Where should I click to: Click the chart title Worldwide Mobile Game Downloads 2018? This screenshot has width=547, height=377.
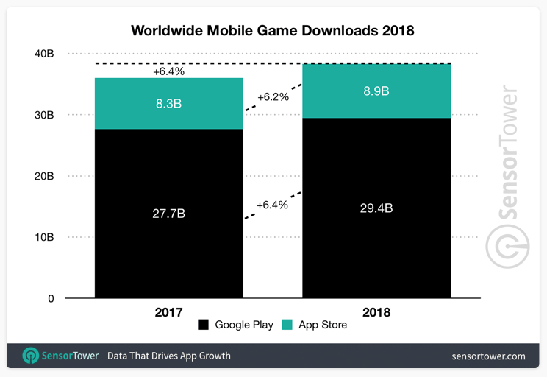pyautogui.click(x=273, y=31)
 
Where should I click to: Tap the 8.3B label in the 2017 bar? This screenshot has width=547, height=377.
pyautogui.click(x=168, y=104)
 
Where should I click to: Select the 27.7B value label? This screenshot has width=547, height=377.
pyautogui.click(x=168, y=214)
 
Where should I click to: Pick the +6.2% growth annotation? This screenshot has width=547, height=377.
pyautogui.click(x=273, y=96)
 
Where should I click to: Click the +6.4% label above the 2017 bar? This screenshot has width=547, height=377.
pyautogui.click(x=168, y=72)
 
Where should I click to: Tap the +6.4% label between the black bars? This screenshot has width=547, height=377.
pyautogui.click(x=272, y=205)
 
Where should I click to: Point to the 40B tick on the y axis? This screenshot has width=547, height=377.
pyautogui.click(x=43, y=54)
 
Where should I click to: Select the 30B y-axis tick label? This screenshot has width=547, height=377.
pyautogui.click(x=43, y=115)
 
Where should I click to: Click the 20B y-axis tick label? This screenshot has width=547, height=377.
pyautogui.click(x=43, y=176)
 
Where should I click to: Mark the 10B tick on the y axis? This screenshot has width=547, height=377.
pyautogui.click(x=43, y=237)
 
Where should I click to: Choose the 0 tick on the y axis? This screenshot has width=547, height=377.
pyautogui.click(x=50, y=298)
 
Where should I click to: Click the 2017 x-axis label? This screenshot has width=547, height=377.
pyautogui.click(x=168, y=312)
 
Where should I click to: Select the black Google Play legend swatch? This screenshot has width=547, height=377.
pyautogui.click(x=202, y=325)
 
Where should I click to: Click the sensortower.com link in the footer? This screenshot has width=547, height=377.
pyautogui.click(x=488, y=356)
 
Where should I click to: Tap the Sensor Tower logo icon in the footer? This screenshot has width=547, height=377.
pyautogui.click(x=31, y=356)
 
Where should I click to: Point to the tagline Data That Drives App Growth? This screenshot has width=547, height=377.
pyautogui.click(x=169, y=356)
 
